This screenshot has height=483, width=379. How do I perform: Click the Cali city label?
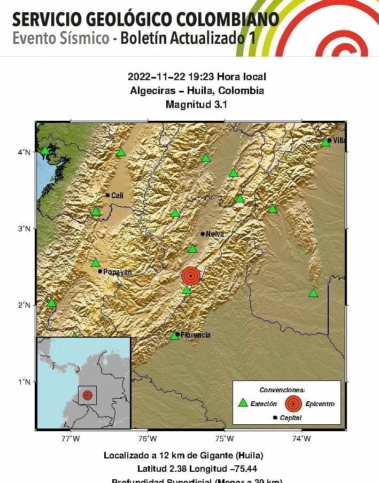click(x=117, y=196)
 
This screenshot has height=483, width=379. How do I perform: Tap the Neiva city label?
click(x=214, y=234)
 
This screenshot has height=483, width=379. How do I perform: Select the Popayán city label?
click(x=117, y=272)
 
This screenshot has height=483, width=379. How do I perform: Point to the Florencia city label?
click(x=195, y=335)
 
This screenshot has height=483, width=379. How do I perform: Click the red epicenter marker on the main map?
click(x=191, y=276)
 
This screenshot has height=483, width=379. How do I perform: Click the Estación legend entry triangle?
click(x=243, y=403)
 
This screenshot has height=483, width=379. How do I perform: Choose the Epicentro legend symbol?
click(x=293, y=403)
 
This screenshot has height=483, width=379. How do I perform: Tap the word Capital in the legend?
click(x=290, y=418)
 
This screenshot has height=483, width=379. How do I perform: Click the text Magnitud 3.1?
click(x=197, y=105)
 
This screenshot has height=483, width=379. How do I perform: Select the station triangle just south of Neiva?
click(x=192, y=249)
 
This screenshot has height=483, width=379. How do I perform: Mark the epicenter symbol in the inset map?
click(x=87, y=395)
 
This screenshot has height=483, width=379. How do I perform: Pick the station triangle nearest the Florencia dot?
click(x=174, y=336)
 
